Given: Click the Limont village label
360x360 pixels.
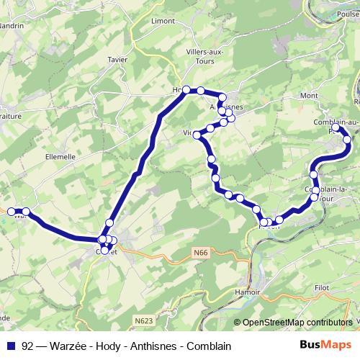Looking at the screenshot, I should click(x=163, y=21).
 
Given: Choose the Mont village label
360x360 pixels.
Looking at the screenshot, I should click(x=310, y=95).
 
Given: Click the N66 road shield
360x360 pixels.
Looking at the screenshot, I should click(x=202, y=253).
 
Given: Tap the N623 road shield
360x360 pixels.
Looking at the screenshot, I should click(x=143, y=320).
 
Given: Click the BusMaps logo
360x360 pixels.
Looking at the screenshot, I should click(x=326, y=345).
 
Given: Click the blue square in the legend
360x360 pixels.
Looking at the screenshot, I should click(x=11, y=346).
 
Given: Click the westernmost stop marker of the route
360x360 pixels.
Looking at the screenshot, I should click(x=12, y=212).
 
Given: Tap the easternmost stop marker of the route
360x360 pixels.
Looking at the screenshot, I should click(x=348, y=139).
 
